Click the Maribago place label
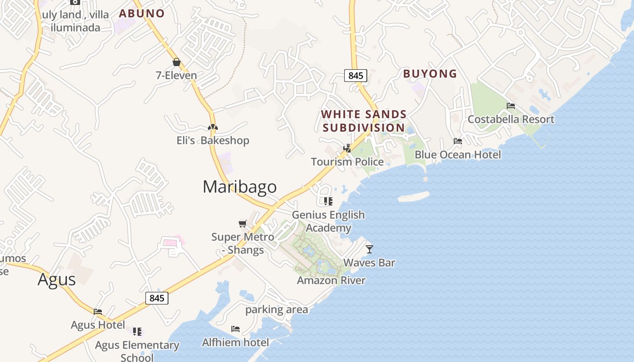point(240,187)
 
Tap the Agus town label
point(57,279)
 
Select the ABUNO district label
point(142,14)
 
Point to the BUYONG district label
point(430,74)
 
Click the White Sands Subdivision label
point(364,121)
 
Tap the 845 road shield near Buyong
point(355,76)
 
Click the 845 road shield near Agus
point(157,298)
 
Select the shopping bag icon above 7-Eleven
point(177,62)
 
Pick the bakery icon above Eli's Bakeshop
point(213,127)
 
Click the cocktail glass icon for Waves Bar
point(370,249)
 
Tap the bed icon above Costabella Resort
point(511,106)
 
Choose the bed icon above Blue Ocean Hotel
point(458,141)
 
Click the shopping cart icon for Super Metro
point(243,224)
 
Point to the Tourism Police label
point(347,162)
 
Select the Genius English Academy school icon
point(328,201)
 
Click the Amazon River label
point(331,281)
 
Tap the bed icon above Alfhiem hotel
point(235,329)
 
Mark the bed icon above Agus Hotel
point(98,311)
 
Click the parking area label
point(277,310)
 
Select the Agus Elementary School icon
point(137,332)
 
